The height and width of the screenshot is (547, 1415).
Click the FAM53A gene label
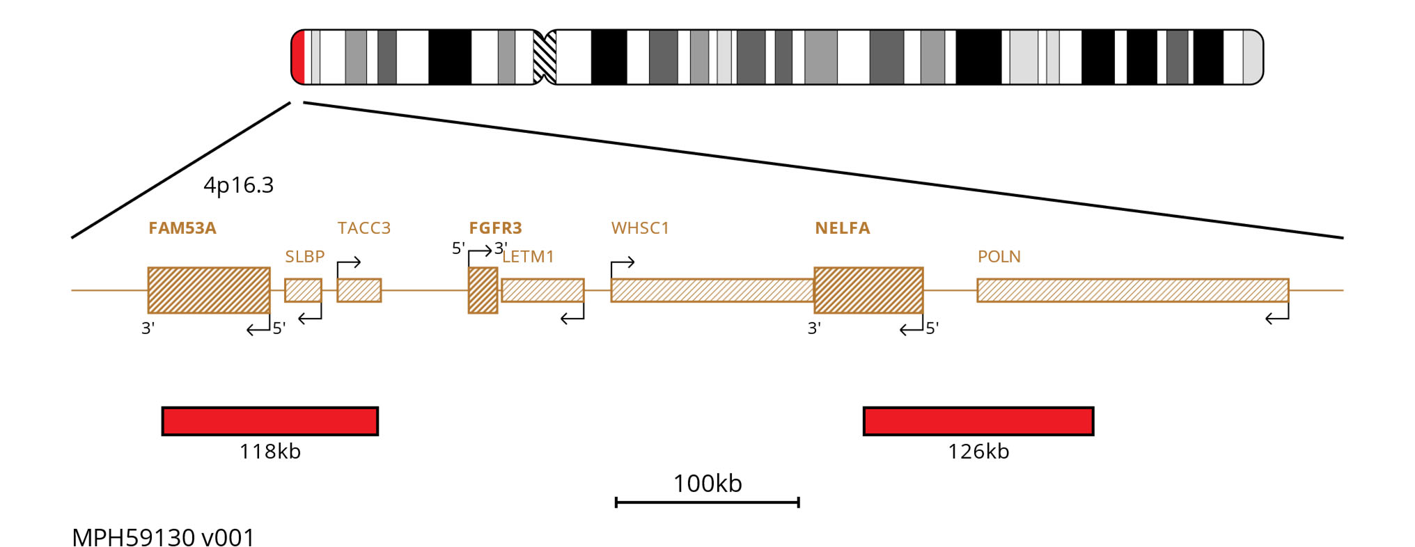(x=182, y=228)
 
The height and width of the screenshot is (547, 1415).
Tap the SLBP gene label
(x=305, y=257)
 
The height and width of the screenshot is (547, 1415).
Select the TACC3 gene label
(x=364, y=228)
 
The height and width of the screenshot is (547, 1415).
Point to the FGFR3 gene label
(x=495, y=228)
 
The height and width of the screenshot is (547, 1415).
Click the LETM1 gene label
(x=529, y=257)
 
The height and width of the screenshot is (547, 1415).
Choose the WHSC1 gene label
(x=640, y=228)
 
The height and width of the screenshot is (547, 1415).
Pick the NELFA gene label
(x=843, y=228)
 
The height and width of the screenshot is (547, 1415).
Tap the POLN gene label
(x=999, y=257)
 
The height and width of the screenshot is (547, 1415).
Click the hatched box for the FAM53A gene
(x=209, y=290)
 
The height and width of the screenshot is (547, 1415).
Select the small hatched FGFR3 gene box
(x=483, y=290)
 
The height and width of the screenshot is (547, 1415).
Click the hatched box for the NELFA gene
(x=868, y=290)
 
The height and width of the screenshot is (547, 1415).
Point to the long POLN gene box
(x=1133, y=290)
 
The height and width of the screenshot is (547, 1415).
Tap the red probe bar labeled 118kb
(x=270, y=421)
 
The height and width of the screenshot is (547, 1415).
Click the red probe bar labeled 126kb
(x=978, y=421)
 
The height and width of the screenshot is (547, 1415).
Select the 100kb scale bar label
(x=707, y=484)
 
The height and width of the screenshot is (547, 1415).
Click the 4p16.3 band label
(x=239, y=186)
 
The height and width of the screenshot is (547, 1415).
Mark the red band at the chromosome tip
(x=298, y=57)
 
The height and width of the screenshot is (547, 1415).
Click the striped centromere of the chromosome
(x=545, y=57)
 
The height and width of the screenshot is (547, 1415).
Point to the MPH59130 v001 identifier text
(x=164, y=538)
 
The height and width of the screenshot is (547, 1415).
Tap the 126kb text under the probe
(x=978, y=452)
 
